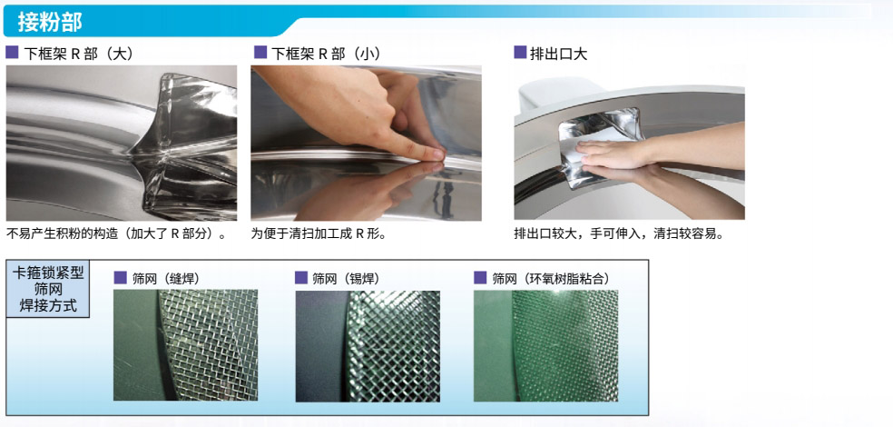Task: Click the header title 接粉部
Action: [50, 22]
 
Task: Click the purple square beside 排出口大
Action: [520, 53]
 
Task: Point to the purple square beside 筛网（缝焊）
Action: [120, 278]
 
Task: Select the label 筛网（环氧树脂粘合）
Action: [551, 279]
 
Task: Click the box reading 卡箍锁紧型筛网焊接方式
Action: [48, 289]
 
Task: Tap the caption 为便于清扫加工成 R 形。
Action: [319, 233]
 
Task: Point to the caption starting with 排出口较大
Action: [619, 233]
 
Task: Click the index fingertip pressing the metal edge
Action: [436, 154]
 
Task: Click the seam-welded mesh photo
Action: [186, 345]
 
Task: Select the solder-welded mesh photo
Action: [368, 346]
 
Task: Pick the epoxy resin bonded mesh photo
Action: [546, 345]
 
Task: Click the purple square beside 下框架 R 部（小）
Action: [260, 53]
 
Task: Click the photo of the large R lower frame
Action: [122, 144]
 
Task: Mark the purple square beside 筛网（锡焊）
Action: [301, 278]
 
